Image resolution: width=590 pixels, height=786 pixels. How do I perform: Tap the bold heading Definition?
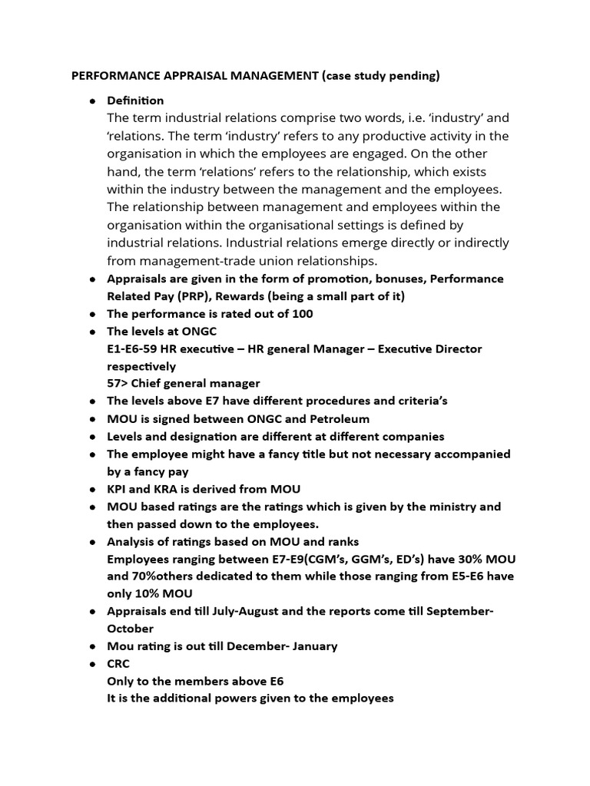pos(135,101)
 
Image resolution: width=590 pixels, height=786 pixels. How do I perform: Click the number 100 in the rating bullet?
pos(303,313)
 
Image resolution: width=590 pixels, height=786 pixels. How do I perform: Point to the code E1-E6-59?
pos(135,348)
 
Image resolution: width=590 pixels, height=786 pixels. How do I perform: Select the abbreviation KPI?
pos(118,489)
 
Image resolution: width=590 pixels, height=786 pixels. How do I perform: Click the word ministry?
pos(453,507)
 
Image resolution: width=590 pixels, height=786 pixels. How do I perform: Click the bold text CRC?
pos(118,664)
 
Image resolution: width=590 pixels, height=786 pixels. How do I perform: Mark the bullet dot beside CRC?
pos(92,665)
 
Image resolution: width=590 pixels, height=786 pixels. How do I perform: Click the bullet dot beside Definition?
pos(92,101)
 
